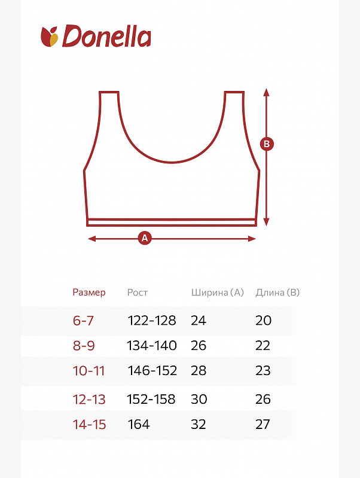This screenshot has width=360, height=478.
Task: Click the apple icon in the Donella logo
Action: coord(50,36)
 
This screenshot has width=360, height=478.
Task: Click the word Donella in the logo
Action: coord(106,36)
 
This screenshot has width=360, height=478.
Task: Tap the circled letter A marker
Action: coord(145,238)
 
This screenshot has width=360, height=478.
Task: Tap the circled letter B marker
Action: coord(267,144)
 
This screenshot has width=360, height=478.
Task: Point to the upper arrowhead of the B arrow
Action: coord(267,92)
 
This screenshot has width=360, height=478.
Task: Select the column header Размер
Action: coord(89,293)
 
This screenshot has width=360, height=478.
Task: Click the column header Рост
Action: coord(137,293)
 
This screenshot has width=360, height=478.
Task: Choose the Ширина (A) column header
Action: coord(218,293)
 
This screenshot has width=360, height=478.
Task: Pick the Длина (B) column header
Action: coord(277,293)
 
